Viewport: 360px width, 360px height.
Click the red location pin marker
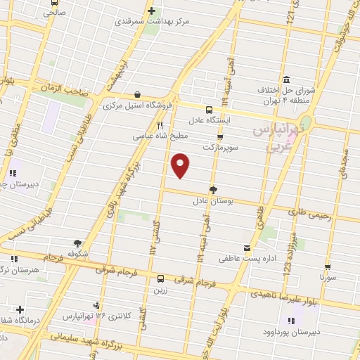(181, 165)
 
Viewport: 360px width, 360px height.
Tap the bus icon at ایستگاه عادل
(209, 110)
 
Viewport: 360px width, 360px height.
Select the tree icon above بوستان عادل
(213, 189)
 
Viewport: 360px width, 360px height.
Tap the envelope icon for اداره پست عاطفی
(246, 248)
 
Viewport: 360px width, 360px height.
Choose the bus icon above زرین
(161, 278)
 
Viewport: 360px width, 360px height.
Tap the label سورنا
(330, 278)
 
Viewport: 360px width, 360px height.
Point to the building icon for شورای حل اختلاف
(286, 79)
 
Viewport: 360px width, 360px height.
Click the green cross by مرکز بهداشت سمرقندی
(151, 11)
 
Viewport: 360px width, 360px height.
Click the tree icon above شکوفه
(77, 243)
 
